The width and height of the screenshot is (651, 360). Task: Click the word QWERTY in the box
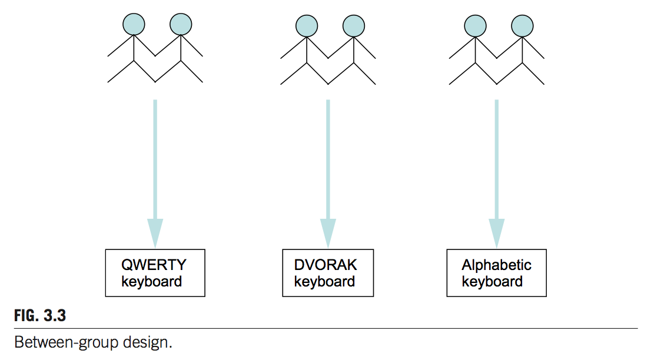click(x=154, y=265)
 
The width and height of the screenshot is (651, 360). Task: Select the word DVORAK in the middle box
click(x=325, y=265)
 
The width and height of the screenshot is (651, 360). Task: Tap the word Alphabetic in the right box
click(x=496, y=265)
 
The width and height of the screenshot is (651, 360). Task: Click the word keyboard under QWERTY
click(x=152, y=281)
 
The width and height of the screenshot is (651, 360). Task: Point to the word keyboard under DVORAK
click(x=324, y=281)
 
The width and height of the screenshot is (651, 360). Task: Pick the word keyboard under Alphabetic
click(x=492, y=281)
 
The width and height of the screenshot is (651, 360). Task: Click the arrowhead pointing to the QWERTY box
click(x=155, y=232)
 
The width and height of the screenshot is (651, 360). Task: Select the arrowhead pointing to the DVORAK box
click(x=328, y=232)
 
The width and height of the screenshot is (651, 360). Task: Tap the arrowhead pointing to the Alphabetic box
click(x=497, y=232)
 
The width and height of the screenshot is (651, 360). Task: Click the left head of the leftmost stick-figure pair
click(x=134, y=24)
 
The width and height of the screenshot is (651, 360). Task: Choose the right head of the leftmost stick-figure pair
click(x=181, y=24)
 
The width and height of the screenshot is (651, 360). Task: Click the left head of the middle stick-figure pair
click(x=306, y=25)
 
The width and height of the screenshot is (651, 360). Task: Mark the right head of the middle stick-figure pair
click(x=353, y=25)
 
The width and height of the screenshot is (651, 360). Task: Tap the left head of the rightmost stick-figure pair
click(x=475, y=25)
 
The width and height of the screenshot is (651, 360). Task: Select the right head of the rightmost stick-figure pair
click(x=522, y=25)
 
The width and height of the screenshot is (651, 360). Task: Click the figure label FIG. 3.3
click(x=39, y=316)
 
